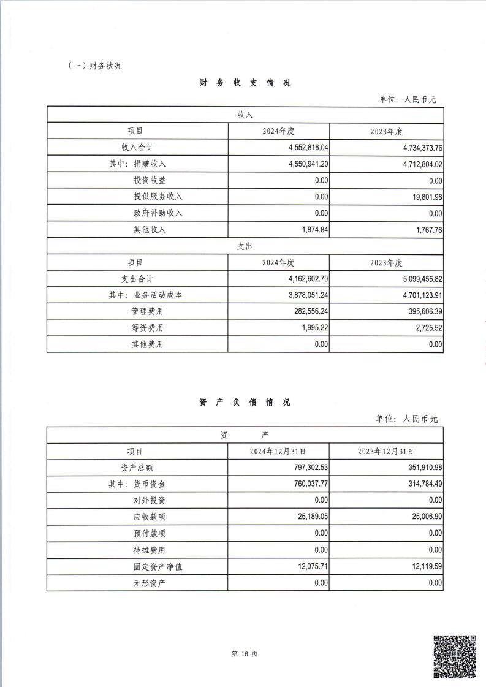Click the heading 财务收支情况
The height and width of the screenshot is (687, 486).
(245, 83)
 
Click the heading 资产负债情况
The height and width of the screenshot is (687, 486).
(245, 402)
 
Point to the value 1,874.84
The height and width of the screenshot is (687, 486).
(311, 230)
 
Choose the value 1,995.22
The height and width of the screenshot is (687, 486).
(311, 328)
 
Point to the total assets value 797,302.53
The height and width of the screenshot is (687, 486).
(306, 468)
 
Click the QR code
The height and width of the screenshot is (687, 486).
(455, 656)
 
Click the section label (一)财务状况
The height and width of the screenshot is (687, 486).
(94, 66)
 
